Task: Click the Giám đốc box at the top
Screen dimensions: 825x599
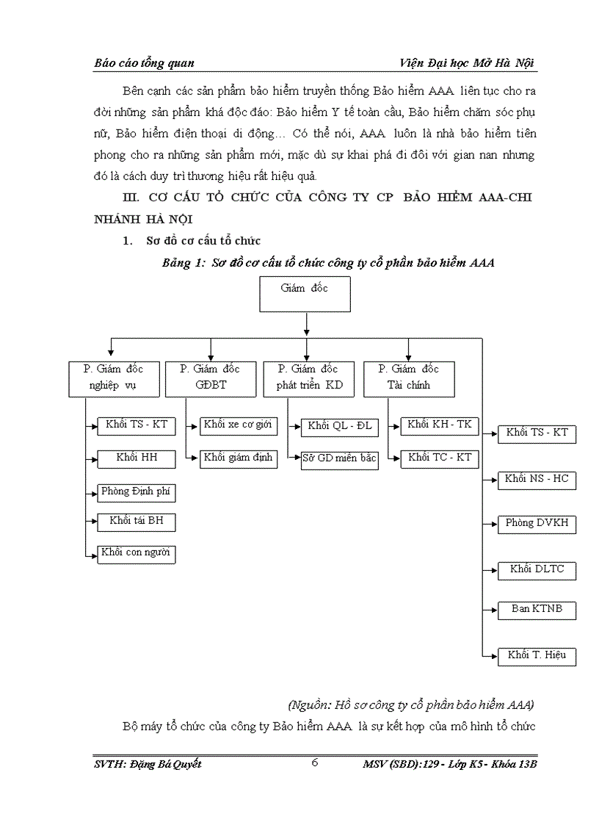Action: pyautogui.click(x=305, y=296)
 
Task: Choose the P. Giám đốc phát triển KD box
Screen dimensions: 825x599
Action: pyautogui.click(x=308, y=378)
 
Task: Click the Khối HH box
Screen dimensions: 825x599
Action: pyautogui.click(x=137, y=459)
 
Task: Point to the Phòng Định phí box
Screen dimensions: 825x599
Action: pyautogui.click(x=137, y=491)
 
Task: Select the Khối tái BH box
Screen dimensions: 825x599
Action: pyautogui.click(x=137, y=522)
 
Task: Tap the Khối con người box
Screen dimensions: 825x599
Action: pyautogui.click(x=137, y=553)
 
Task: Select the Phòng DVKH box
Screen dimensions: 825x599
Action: pyautogui.click(x=537, y=525)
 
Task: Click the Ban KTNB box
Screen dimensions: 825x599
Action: pyautogui.click(x=537, y=610)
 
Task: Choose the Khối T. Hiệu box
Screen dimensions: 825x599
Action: pyautogui.click(x=537, y=656)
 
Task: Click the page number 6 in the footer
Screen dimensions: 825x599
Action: pyautogui.click(x=314, y=763)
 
